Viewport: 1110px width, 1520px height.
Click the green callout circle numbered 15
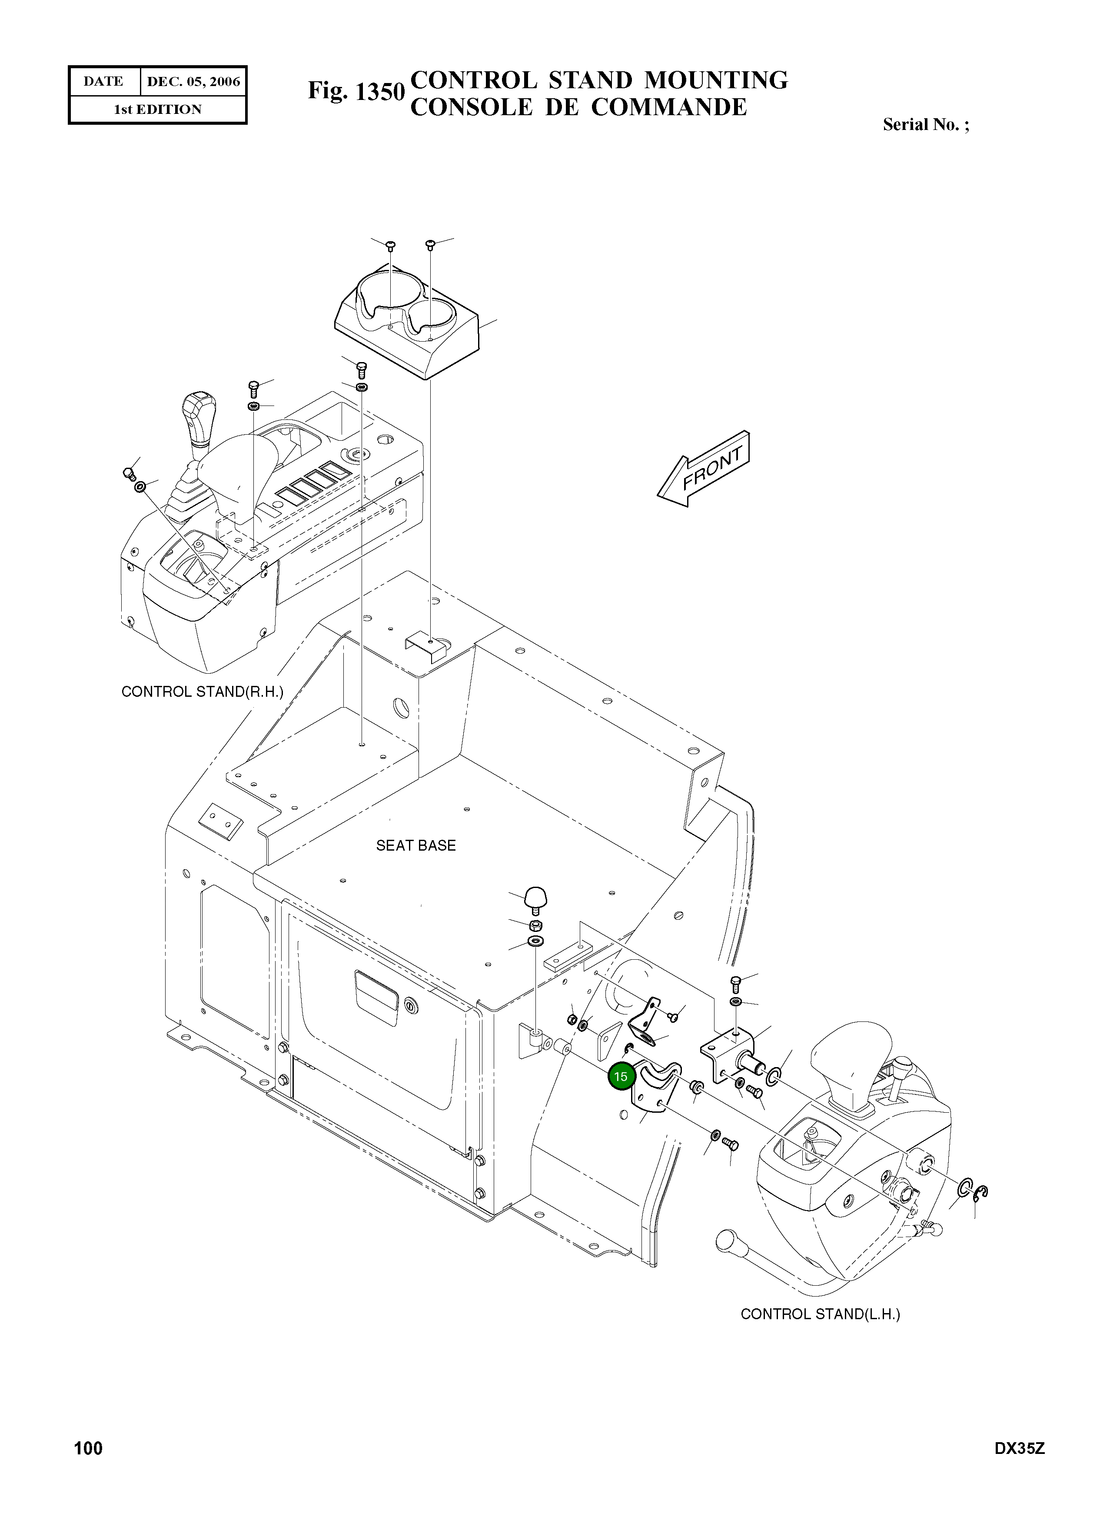tap(620, 1076)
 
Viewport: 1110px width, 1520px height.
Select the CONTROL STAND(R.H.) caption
tap(202, 692)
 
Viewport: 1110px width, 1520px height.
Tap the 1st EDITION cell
tap(157, 110)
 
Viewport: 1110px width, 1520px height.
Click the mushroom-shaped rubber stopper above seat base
tap(535, 897)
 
